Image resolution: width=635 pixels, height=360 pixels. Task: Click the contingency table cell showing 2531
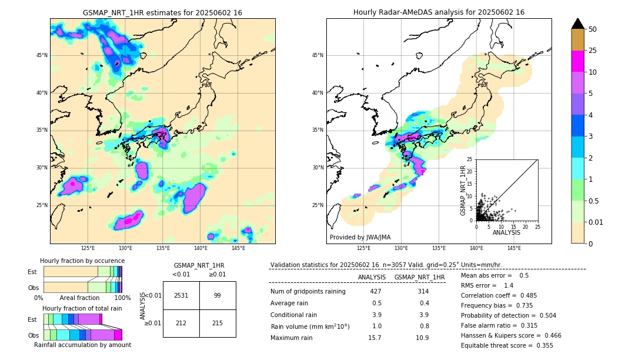pyautogui.click(x=181, y=295)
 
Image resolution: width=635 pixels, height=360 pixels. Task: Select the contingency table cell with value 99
pyautogui.click(x=217, y=295)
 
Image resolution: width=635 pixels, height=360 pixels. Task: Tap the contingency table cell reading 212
pyautogui.click(x=181, y=323)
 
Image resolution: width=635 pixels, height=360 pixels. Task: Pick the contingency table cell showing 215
pyautogui.click(x=217, y=323)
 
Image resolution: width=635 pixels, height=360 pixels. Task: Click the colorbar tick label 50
pyautogui.click(x=593, y=29)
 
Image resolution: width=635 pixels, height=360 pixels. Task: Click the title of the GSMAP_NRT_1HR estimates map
pyautogui.click(x=162, y=12)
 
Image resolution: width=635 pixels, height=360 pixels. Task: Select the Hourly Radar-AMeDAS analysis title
pyautogui.click(x=439, y=12)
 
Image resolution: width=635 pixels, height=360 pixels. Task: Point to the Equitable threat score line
pyautogui.click(x=507, y=345)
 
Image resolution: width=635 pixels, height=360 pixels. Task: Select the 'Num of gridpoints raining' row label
pyautogui.click(x=308, y=291)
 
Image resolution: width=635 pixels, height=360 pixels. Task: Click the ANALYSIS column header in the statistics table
pyautogui.click(x=372, y=277)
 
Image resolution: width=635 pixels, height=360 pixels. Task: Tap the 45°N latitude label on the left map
pyautogui.click(x=42, y=55)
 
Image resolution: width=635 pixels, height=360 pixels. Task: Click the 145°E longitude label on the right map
pyautogui.click(x=514, y=248)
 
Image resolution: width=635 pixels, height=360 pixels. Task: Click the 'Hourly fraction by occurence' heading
pyautogui.click(x=82, y=261)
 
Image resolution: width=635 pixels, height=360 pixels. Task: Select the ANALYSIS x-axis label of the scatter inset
pyautogui.click(x=506, y=232)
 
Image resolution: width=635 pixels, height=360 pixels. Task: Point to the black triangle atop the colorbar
pyautogui.click(x=578, y=24)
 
